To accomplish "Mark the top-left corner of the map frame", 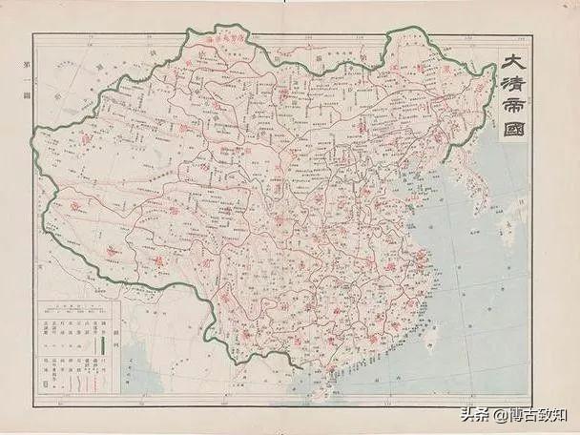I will coord(33,34).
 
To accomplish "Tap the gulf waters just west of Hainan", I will coord(296,377).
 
